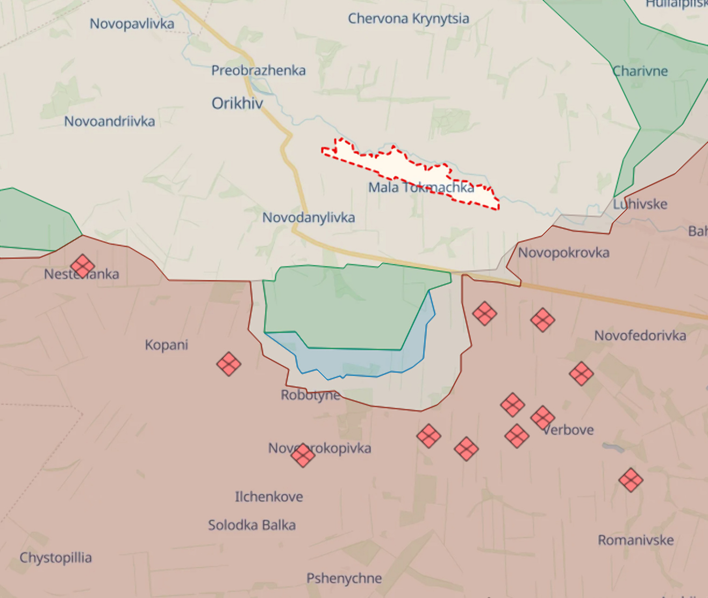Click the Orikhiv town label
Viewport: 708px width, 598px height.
(x=237, y=103)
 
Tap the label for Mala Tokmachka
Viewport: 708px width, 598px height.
(x=420, y=188)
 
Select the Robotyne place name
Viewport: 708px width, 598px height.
(x=310, y=395)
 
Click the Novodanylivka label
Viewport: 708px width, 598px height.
(x=309, y=218)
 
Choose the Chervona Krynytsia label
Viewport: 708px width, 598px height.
(x=409, y=19)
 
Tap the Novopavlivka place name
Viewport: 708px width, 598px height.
(x=132, y=24)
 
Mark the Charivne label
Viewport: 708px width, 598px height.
(x=640, y=71)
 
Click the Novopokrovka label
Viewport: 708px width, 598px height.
(x=563, y=253)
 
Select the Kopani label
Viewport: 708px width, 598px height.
(x=166, y=345)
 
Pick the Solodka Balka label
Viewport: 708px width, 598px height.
(x=252, y=525)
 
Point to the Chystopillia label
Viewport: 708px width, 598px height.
(x=55, y=558)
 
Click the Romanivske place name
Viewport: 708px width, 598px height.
(x=635, y=540)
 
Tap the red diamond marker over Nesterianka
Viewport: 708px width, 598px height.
(x=82, y=266)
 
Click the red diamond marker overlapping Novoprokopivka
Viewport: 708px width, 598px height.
(x=303, y=456)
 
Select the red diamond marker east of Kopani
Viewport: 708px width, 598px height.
(x=228, y=364)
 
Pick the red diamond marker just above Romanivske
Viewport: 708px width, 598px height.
(x=631, y=480)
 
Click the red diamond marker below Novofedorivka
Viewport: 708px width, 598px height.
(x=581, y=374)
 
